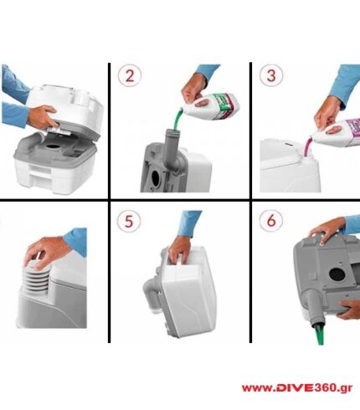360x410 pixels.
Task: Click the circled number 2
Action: coord(130,75)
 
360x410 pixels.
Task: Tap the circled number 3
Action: coord(271,75)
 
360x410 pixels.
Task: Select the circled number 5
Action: coord(129,221)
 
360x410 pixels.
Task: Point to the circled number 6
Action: coord(271,221)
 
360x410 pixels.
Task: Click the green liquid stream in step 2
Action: coord(177,119)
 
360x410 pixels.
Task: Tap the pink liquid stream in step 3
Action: coord(309,146)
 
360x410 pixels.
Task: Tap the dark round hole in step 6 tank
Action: coord(337,275)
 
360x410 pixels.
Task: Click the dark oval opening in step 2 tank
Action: coord(156,177)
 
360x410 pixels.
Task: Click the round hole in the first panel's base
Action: coord(52,146)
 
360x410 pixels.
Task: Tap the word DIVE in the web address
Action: coord(294,388)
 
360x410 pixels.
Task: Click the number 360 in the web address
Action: coord(325,388)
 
